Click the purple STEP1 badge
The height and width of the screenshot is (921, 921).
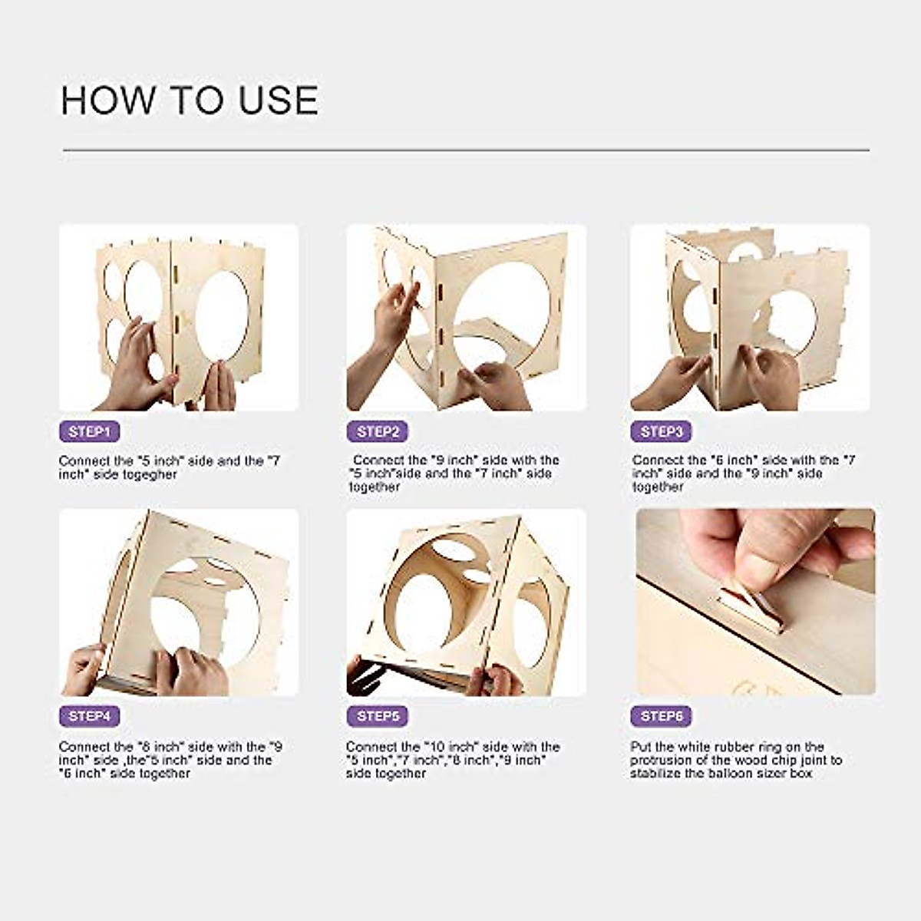(90, 431)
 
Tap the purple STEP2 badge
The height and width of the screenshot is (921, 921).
(377, 431)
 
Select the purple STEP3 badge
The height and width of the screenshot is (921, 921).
(661, 431)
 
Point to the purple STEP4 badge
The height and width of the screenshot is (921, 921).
(90, 716)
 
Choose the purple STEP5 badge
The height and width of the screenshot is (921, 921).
(377, 716)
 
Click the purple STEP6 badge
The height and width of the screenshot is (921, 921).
(661, 716)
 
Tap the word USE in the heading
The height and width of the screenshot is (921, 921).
(278, 101)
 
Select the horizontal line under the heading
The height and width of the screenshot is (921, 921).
(466, 150)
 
